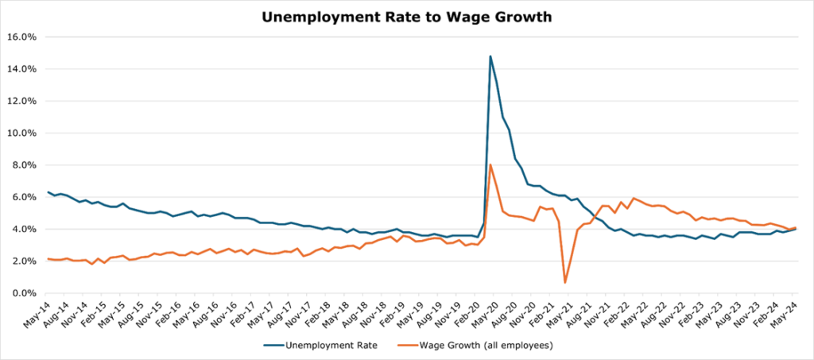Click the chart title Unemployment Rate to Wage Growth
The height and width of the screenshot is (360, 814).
tap(407, 17)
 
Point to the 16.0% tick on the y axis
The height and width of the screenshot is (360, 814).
tap(21, 37)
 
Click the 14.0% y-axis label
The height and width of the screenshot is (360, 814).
tap(21, 69)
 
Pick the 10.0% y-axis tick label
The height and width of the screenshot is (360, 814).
tap(21, 134)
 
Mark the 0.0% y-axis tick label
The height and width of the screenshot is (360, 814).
tap(24, 293)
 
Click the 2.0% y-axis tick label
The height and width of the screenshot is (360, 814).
tap(24, 261)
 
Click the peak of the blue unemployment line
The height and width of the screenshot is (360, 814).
tap(490, 56)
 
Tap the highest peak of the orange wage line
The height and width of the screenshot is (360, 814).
tap(490, 165)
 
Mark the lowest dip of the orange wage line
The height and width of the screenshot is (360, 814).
tap(565, 282)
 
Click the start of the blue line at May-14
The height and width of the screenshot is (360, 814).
tap(48, 192)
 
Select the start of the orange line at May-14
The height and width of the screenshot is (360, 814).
tap(48, 258)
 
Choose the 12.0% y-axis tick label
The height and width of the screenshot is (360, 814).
tap(21, 101)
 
